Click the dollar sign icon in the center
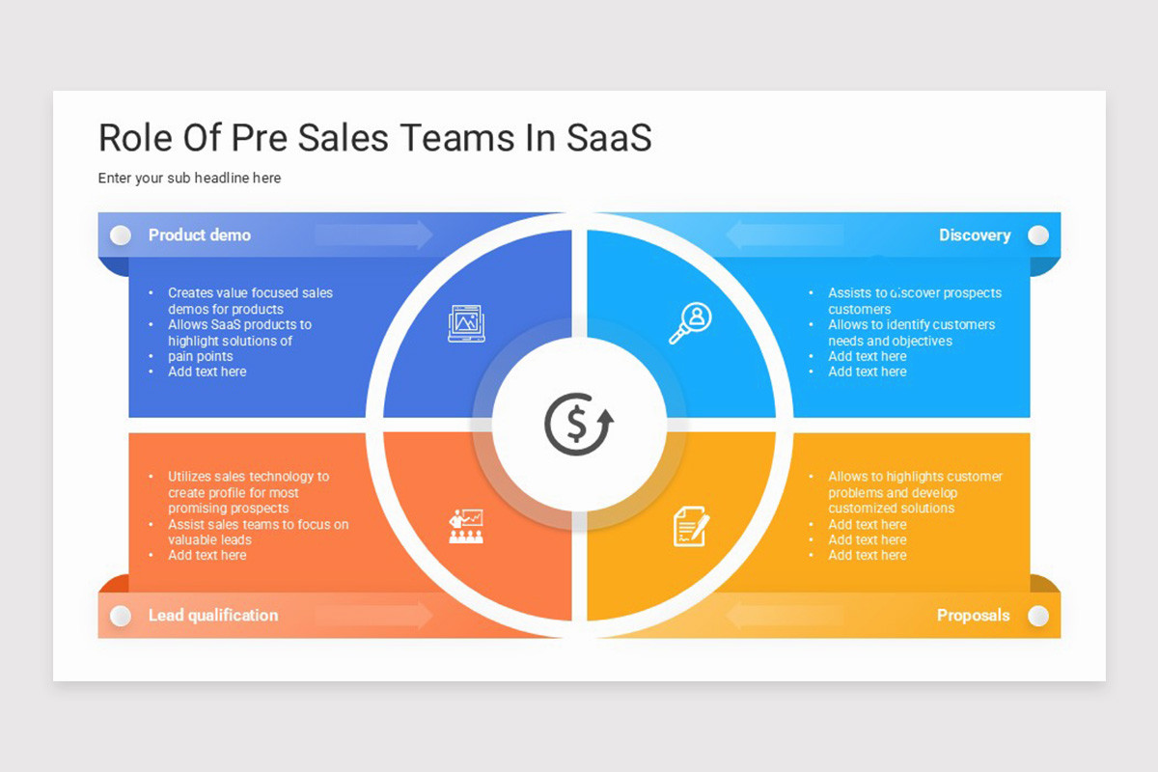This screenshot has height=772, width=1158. [578, 425]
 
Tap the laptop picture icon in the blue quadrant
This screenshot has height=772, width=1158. [467, 323]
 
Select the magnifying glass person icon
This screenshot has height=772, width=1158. [690, 322]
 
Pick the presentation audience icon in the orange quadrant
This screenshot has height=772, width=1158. [467, 526]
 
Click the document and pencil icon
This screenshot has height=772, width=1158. [691, 526]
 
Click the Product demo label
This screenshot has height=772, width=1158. [200, 235]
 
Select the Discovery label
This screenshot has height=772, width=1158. [975, 235]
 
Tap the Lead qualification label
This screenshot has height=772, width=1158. [213, 616]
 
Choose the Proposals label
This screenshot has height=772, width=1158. [973, 616]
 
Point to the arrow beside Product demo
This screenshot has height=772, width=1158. [374, 235]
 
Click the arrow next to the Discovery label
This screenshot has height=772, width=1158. [784, 235]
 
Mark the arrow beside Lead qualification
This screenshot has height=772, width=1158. [374, 616]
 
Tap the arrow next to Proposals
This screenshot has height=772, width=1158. [784, 616]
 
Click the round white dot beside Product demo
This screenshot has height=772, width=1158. [121, 235]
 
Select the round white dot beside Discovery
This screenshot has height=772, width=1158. [1038, 235]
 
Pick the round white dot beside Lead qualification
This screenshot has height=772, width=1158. [121, 616]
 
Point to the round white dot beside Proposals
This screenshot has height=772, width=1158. [1038, 616]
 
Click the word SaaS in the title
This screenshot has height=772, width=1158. [609, 138]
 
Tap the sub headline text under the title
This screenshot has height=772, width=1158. [189, 179]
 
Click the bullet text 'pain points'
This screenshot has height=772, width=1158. [201, 356]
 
